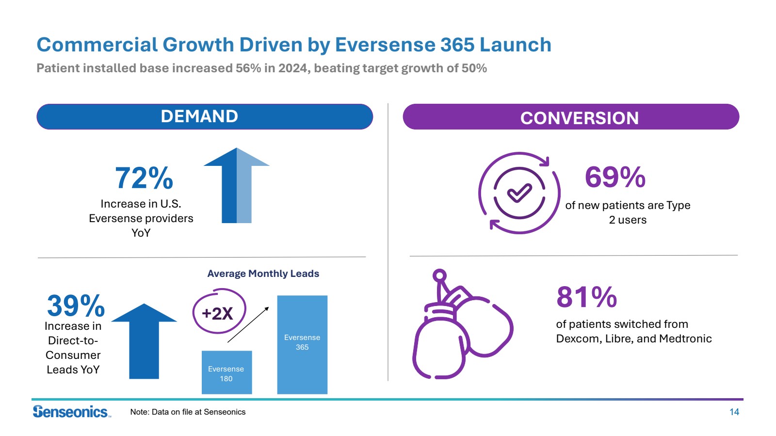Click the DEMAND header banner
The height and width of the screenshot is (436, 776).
[x=204, y=116]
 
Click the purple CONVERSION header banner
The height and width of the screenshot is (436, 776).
[x=571, y=117]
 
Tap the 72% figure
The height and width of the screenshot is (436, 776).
[x=144, y=178]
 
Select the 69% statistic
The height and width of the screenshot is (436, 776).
[x=615, y=177]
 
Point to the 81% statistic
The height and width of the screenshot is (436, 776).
[x=586, y=297]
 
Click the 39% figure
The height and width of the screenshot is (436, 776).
[x=76, y=306]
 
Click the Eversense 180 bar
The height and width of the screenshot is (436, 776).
[x=226, y=372]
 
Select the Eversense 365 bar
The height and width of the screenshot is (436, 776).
[x=302, y=344]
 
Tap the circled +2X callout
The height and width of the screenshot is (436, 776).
[x=219, y=312]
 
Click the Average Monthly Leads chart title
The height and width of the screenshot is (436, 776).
[x=263, y=274]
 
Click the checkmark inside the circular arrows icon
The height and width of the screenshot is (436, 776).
[x=519, y=193]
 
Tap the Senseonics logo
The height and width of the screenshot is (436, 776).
[x=71, y=412]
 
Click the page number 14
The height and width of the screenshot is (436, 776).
[x=734, y=412]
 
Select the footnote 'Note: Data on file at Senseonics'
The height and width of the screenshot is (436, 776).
[x=188, y=412]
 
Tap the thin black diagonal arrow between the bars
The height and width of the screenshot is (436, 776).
[x=248, y=324]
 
